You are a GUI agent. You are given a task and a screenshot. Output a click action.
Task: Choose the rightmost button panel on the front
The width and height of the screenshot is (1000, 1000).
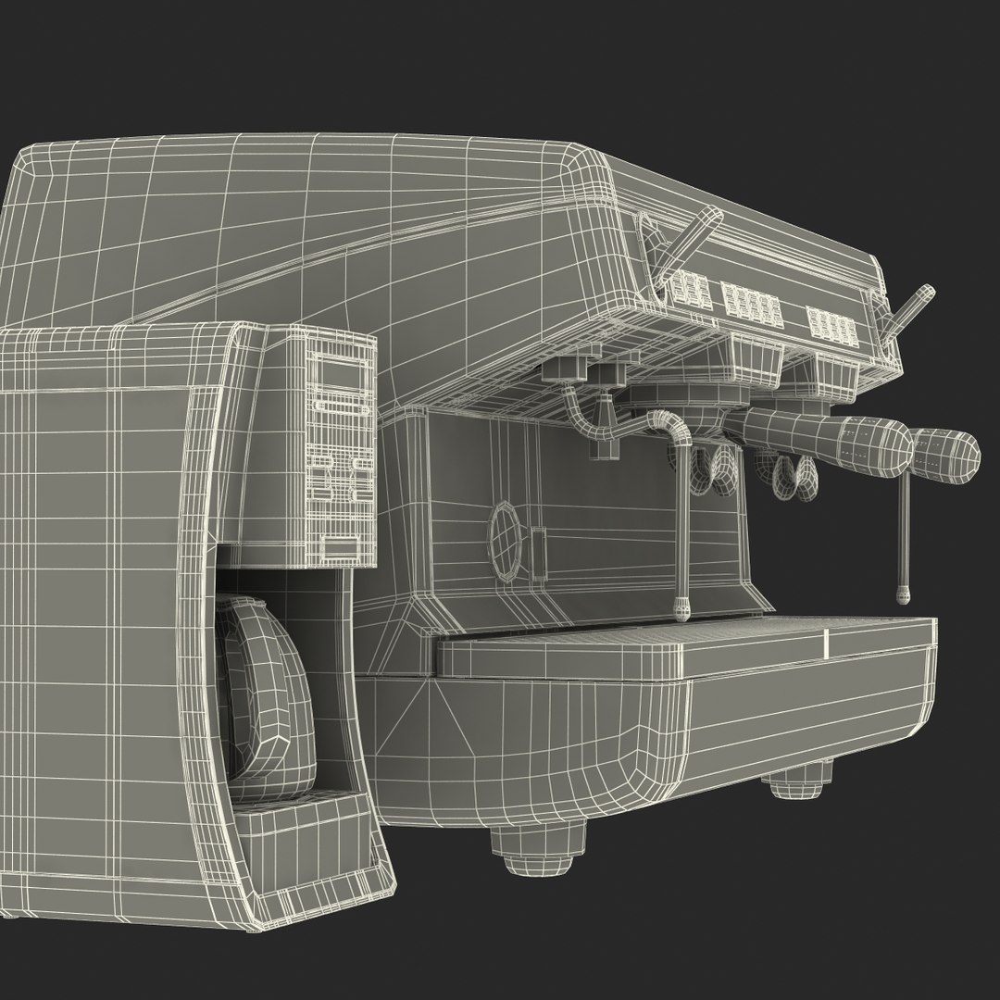[x=831, y=323]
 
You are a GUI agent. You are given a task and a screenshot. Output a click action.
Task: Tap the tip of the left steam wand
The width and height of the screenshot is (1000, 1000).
[x=682, y=607]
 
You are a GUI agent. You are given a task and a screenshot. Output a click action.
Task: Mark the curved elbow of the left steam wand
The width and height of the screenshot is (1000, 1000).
[x=670, y=427]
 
